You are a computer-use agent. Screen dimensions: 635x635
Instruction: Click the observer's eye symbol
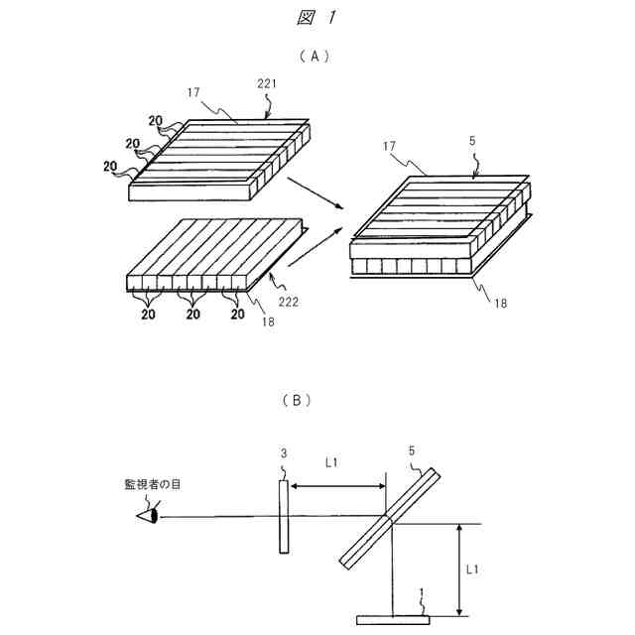[x=149, y=517]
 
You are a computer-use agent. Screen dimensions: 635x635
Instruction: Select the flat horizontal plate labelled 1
[x=393, y=620]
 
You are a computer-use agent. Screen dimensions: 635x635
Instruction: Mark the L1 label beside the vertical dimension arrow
[x=476, y=570]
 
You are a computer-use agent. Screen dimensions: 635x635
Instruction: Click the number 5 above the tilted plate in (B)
[x=412, y=450]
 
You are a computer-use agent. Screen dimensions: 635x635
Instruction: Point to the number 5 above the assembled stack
[x=472, y=142]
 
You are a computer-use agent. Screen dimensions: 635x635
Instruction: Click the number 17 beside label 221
[x=193, y=92]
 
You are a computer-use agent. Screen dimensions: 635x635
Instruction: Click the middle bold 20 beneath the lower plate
[x=193, y=315]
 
